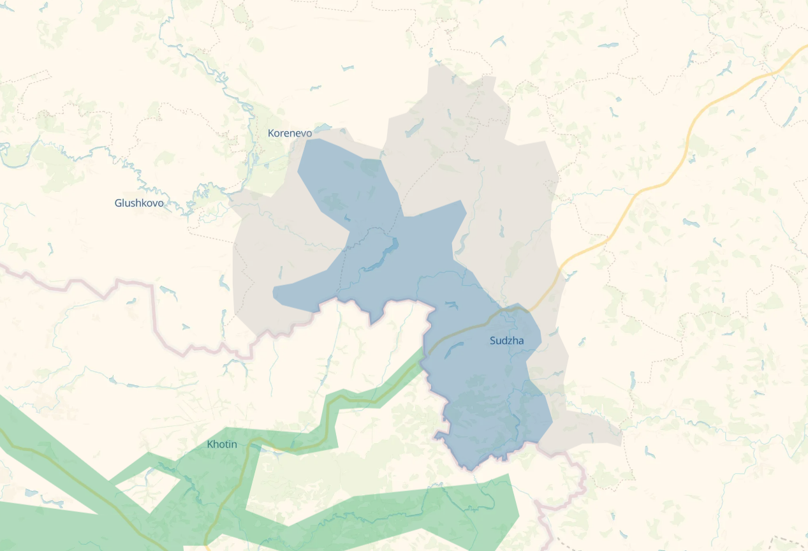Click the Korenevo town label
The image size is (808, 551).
point(290,133)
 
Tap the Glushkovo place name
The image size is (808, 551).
point(139,203)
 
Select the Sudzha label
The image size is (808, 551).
point(506,341)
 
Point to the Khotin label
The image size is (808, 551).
point(222,444)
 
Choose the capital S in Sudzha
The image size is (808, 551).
point(493,341)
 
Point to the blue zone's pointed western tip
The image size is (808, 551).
point(275,293)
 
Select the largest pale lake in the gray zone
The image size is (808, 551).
point(413,128)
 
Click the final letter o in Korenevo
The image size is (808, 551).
point(309,133)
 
